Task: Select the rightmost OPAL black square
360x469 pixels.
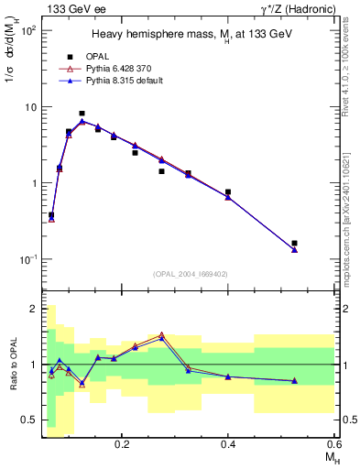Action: tap(294, 244)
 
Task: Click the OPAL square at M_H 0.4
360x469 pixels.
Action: tap(228, 192)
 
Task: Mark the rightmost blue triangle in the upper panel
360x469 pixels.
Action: tap(294, 249)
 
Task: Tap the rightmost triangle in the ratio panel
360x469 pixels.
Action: tap(294, 380)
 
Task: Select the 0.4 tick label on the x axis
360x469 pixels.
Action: tap(228, 442)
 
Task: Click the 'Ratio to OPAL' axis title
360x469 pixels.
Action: tap(12, 365)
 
